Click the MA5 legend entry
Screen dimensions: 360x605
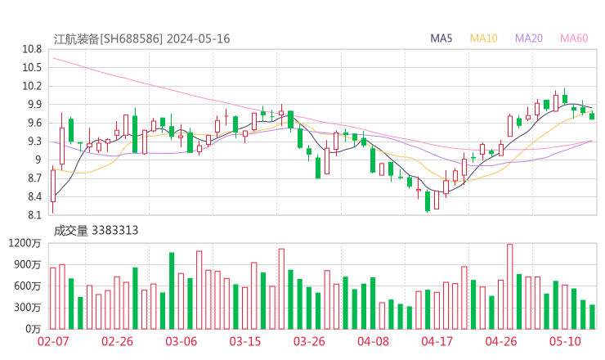point(441,38)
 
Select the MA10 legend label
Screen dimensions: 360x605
point(484,38)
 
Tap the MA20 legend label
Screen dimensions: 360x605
point(529,38)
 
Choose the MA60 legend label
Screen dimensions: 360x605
point(574,38)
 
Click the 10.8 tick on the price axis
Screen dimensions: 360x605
point(32,49)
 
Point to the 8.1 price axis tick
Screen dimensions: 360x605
point(34,216)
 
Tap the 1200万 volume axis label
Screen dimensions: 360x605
point(25,243)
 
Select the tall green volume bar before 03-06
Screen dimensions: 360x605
point(172,290)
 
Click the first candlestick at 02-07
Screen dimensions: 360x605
point(53,185)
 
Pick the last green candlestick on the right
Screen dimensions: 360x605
point(592,116)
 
